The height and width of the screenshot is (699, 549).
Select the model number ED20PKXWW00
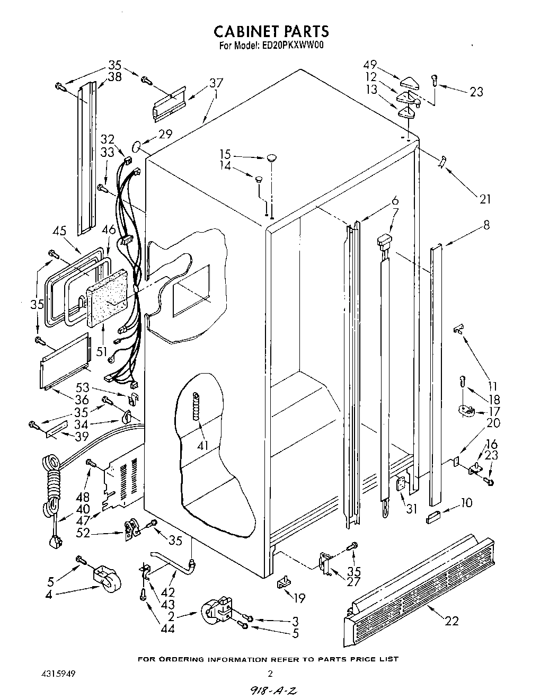[293, 46]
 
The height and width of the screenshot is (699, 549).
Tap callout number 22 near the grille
[451, 621]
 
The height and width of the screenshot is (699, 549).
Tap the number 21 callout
[485, 199]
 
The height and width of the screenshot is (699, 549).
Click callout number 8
[485, 225]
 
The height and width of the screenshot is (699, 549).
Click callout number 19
[299, 598]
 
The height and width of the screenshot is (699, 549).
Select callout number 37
[216, 83]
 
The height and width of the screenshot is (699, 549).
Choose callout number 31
[412, 509]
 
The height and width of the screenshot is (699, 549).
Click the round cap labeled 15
[271, 157]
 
